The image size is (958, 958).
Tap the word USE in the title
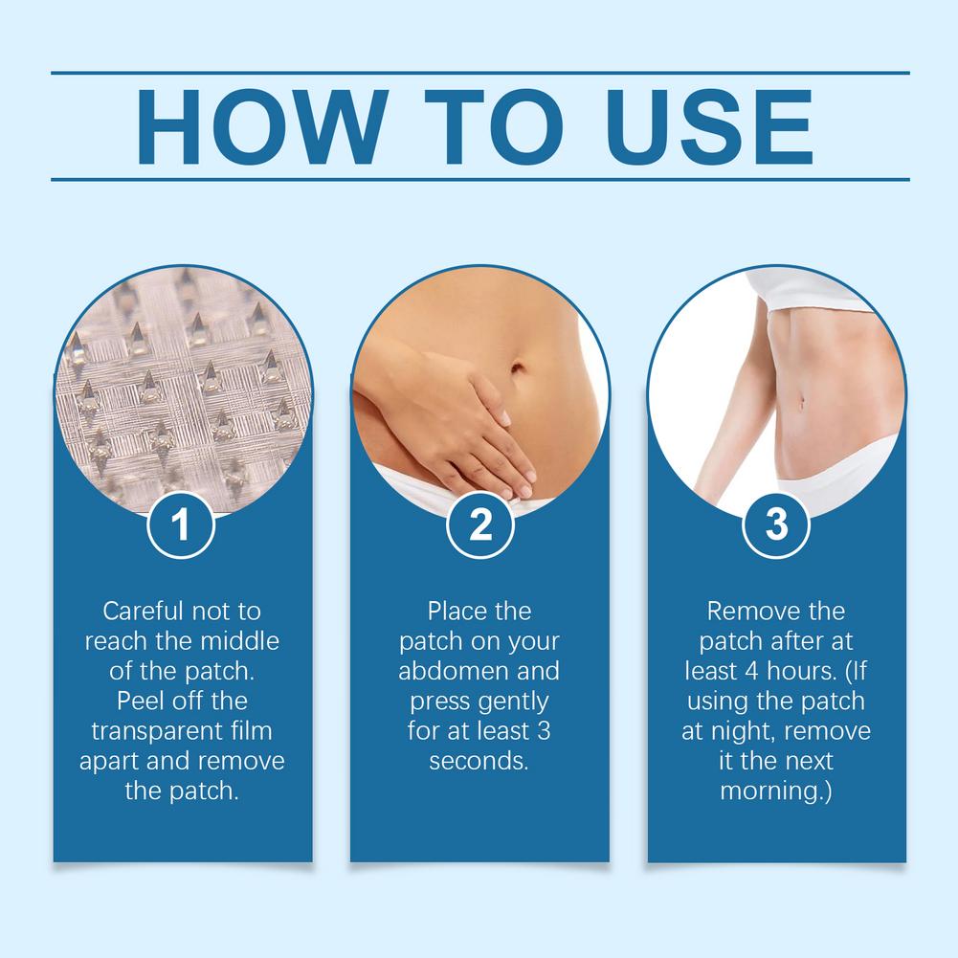point(710,126)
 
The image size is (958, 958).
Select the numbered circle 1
point(181,524)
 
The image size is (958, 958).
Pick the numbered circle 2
point(480,524)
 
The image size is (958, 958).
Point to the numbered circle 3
point(776,524)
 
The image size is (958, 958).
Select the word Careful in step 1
point(143,611)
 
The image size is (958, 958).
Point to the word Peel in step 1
point(139,701)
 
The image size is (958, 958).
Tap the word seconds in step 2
point(479,761)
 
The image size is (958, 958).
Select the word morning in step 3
point(771,791)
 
